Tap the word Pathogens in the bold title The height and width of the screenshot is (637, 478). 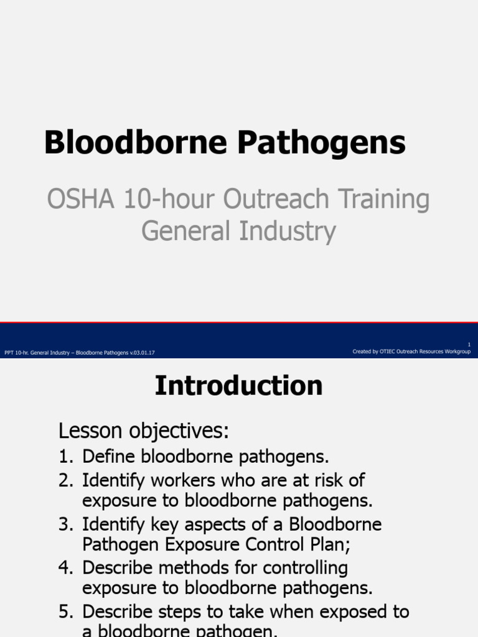point(322,144)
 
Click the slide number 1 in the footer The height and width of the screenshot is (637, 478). point(469,345)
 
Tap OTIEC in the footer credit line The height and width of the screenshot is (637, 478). point(390,351)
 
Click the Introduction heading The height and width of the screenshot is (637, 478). point(239,386)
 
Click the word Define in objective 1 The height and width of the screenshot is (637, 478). point(110,457)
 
